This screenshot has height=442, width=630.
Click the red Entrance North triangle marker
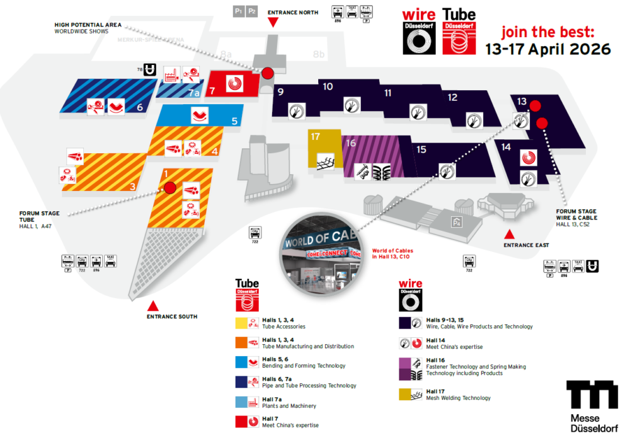273,22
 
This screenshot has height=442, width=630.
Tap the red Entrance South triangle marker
152,305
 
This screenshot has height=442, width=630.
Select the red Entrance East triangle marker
509,235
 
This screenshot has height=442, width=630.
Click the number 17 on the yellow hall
316,137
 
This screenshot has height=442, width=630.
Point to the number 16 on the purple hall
351,143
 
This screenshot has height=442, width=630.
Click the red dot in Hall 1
169,187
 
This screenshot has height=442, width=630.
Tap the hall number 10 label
328,86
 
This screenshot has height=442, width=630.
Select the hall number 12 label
452,97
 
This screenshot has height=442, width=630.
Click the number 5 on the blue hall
234,121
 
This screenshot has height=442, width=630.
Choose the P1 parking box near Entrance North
239,11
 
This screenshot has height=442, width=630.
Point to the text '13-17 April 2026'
548,49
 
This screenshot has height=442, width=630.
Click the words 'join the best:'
547,32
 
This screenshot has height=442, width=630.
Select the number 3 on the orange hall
132,187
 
